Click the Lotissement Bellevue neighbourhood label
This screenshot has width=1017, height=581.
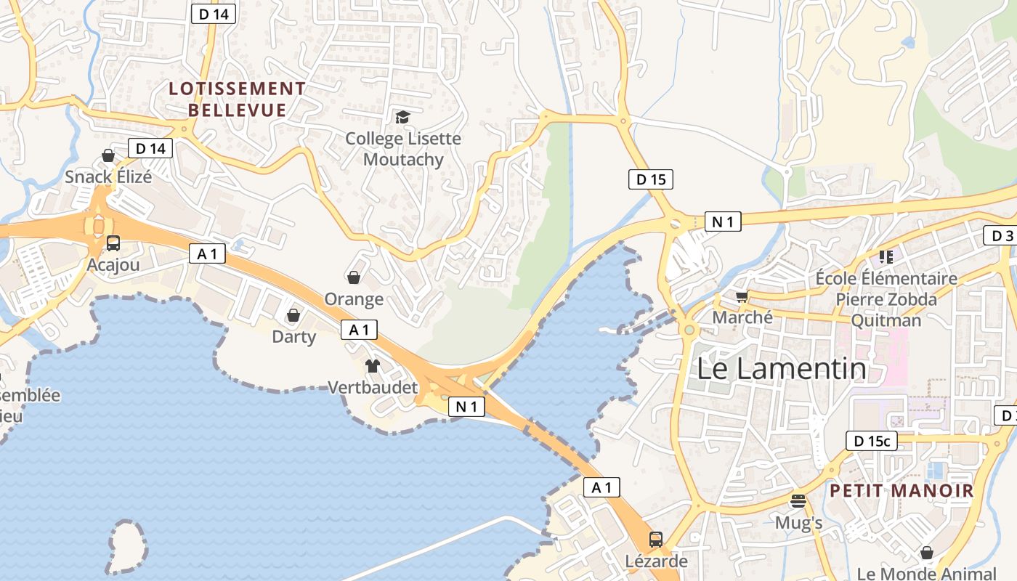(x=237, y=99)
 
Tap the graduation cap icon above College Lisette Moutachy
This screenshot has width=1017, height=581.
(x=402, y=117)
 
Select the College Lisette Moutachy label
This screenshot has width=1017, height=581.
(x=403, y=149)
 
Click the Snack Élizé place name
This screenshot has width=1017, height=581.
(x=108, y=176)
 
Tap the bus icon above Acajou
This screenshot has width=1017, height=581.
(x=113, y=243)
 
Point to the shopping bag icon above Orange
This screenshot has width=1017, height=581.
(x=354, y=277)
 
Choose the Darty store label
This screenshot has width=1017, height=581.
(x=293, y=336)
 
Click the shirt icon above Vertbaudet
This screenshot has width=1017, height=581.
(x=373, y=366)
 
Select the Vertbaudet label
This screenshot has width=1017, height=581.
(x=373, y=387)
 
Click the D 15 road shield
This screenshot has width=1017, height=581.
(x=650, y=179)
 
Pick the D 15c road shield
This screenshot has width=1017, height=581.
(x=871, y=441)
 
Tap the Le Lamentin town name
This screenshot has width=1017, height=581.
(x=782, y=369)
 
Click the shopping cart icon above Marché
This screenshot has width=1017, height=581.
(x=742, y=296)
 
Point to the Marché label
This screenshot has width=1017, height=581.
(x=742, y=317)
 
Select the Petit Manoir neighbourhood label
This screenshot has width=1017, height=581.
(x=901, y=491)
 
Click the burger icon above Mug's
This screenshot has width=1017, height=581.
(x=798, y=501)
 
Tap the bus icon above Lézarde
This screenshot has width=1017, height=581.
(x=655, y=540)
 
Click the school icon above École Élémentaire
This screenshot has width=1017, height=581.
(x=886, y=256)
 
